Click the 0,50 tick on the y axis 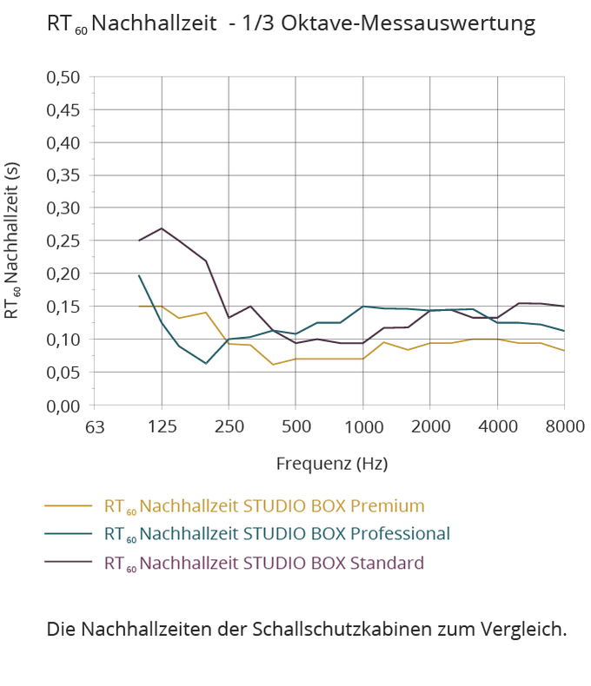pyautogui.click(x=63, y=77)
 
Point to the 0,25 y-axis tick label pyautogui.click(x=63, y=241)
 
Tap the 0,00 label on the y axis pyautogui.click(x=63, y=406)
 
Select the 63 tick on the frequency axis pyautogui.click(x=95, y=427)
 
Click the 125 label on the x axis pyautogui.click(x=163, y=427)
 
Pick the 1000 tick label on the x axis pyautogui.click(x=363, y=427)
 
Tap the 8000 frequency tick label pyautogui.click(x=564, y=427)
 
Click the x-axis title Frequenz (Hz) pyautogui.click(x=332, y=462)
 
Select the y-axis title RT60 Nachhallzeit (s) pyautogui.click(x=12, y=241)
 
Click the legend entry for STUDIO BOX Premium pyautogui.click(x=264, y=505)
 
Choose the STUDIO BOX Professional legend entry pyautogui.click(x=276, y=533)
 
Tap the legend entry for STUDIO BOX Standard pyautogui.click(x=264, y=563)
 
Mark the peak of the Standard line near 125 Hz pyautogui.click(x=162, y=228)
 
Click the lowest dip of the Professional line pyautogui.click(x=206, y=363)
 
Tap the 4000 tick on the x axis pyautogui.click(x=497, y=427)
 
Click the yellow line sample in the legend pyautogui.click(x=68, y=505)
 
